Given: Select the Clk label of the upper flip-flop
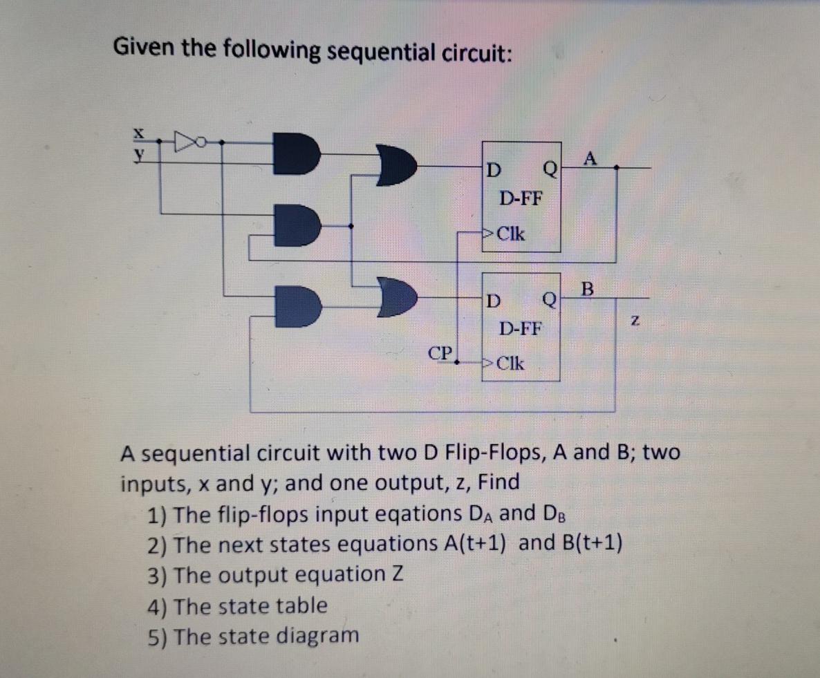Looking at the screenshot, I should [x=510, y=234].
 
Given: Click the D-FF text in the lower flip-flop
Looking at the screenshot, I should [x=521, y=328].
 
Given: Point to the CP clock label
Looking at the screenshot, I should [x=439, y=353].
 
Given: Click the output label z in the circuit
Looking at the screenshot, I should [x=635, y=321].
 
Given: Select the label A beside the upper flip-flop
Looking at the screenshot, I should [x=588, y=158].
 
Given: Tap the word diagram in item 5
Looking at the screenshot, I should [x=318, y=634].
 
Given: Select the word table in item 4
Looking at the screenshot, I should [x=301, y=605].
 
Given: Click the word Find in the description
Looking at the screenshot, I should [x=498, y=482].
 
